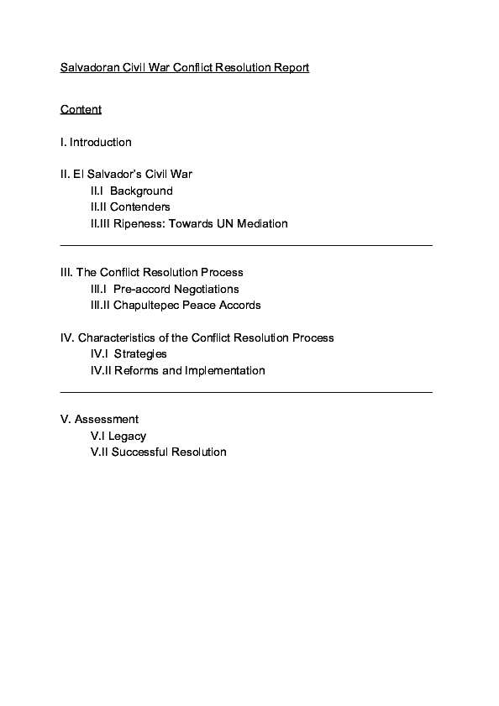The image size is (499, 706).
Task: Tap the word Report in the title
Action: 291,66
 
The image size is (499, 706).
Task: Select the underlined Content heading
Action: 81,110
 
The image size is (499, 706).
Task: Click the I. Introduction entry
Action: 96,142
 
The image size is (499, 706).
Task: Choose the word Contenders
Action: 141,207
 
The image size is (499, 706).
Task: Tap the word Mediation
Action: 260,223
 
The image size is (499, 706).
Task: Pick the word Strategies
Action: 140,353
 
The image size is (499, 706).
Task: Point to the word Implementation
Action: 225,370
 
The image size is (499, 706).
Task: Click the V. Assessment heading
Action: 100,419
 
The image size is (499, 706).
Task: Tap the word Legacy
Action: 127,436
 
